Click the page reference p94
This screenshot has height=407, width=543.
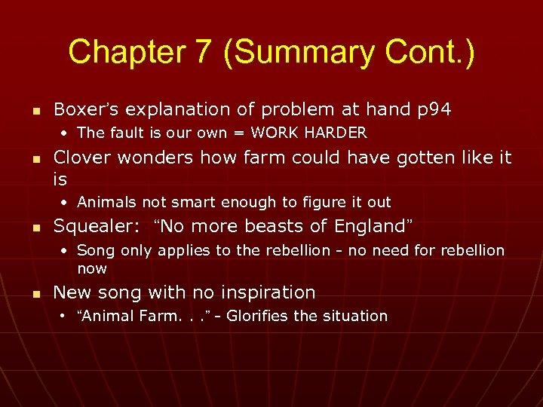434,109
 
